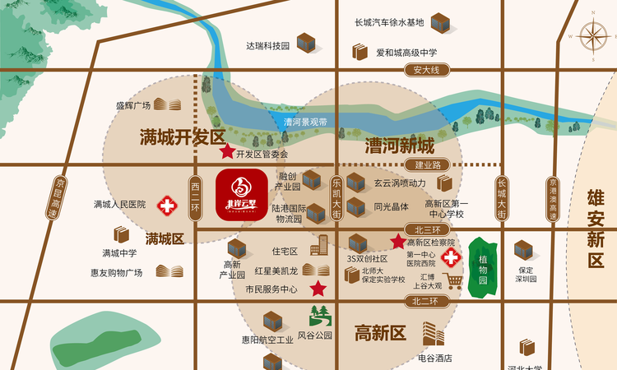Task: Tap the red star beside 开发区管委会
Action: coord(226,152)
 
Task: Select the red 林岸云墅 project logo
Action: coord(241,195)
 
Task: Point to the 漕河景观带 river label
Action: coord(305,122)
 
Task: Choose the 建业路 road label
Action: coord(428,165)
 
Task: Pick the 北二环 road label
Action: coord(424,302)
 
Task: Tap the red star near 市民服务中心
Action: coord(318,289)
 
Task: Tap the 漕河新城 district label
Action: coord(399,147)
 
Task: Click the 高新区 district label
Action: coord(380,333)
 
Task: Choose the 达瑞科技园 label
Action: coord(268,46)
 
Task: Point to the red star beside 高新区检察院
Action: coord(397,242)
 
